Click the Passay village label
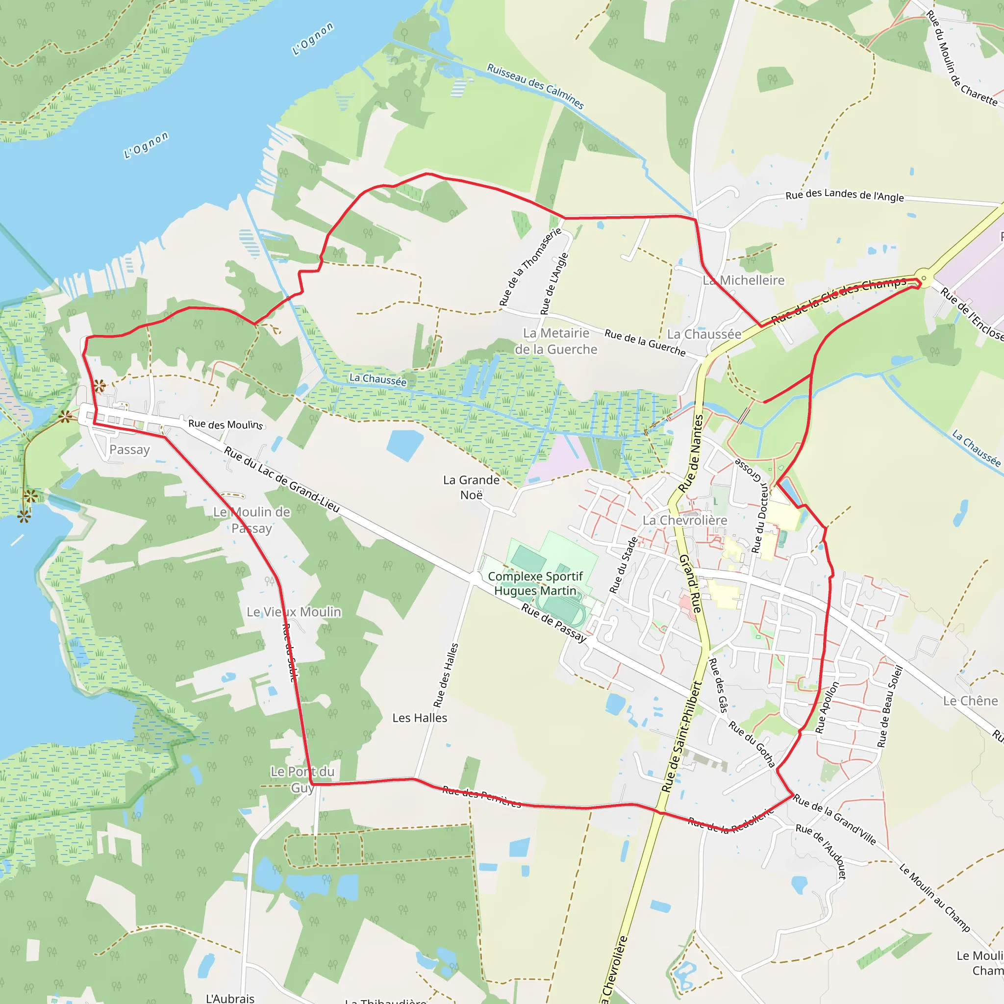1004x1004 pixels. pos(129,450)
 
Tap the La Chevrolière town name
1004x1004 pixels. pos(684,520)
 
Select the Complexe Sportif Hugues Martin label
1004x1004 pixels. pos(535,583)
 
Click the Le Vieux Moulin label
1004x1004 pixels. pos(294,612)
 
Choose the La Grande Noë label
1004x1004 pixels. pos(471,487)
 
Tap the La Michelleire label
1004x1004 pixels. pos(743,280)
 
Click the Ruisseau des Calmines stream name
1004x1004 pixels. pos(535,86)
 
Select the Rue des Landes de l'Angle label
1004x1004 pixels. pos(845,195)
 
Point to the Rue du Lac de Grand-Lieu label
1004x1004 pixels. pos(282,479)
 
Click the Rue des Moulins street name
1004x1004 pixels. pos(226,424)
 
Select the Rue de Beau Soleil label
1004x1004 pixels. pos(890,706)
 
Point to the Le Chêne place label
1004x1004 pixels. pos(970,701)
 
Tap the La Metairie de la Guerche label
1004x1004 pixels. pos(555,341)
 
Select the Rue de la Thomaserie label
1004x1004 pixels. pos(530,267)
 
